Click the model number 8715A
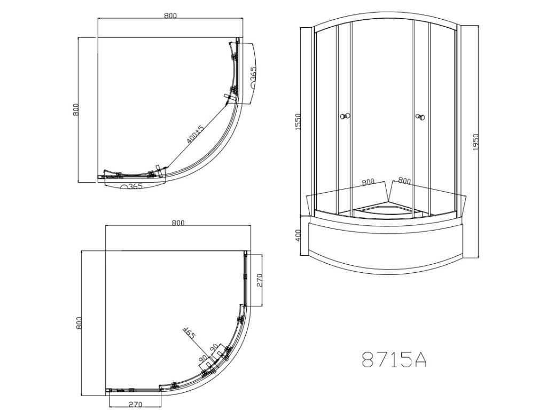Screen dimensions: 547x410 [394, 359]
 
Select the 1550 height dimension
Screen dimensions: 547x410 [298, 122]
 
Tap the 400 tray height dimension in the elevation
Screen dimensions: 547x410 [298, 235]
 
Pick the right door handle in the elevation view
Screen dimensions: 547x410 [421, 117]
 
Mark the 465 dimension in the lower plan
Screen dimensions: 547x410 [189, 333]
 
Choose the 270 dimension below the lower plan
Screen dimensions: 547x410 [135, 405]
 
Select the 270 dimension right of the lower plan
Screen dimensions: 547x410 [259, 280]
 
